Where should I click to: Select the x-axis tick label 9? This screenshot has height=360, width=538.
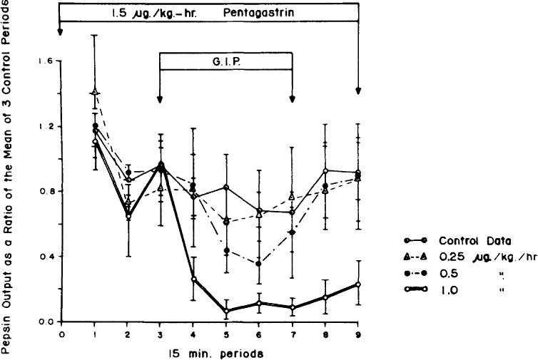point(357,333)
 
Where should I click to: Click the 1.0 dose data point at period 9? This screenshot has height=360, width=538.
point(357,284)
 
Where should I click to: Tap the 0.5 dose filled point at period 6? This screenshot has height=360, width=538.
point(258,264)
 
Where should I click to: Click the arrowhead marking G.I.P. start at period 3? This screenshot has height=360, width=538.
point(160,101)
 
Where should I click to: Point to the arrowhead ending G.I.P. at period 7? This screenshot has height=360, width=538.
point(291,101)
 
